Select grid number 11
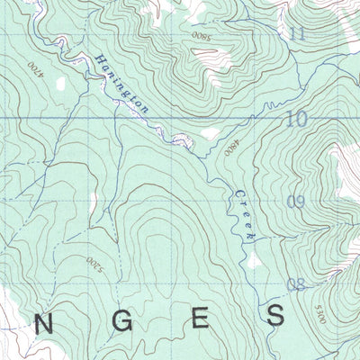(x=298, y=35)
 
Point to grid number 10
(x=297, y=118)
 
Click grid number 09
(x=296, y=203)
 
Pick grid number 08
(x=296, y=286)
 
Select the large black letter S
(x=276, y=315)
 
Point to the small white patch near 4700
(x=60, y=83)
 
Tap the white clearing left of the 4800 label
(x=211, y=133)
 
